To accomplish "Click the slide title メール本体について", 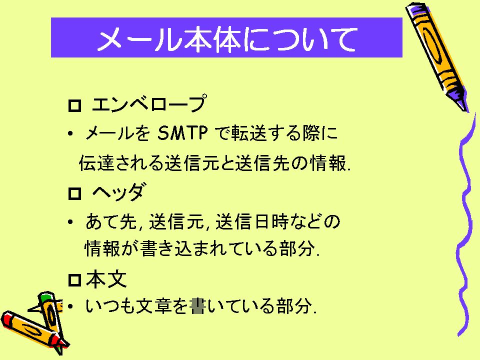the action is tap(227, 39).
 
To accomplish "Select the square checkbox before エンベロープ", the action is tap(74, 106).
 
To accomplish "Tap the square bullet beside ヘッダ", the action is tap(74, 194).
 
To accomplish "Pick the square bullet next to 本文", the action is tap(74, 280).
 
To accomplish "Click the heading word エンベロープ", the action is tap(149, 103).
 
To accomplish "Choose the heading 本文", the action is tap(106, 279).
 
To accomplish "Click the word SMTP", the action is tap(183, 133).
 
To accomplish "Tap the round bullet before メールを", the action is tap(70, 133).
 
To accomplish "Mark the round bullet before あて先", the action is tap(70, 221).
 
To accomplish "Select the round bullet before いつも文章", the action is tap(70, 306).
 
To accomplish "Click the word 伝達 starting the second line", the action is tap(96, 163).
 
